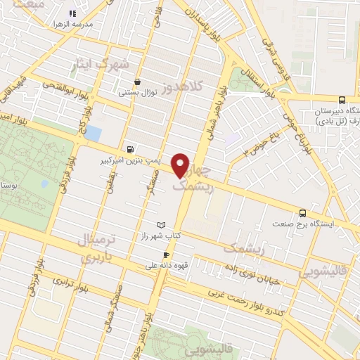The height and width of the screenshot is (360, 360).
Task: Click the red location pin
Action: pos(181,165)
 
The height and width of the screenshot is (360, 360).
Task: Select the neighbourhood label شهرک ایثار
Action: pos(102,65)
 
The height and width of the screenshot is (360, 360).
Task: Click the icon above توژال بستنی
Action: pos(137,82)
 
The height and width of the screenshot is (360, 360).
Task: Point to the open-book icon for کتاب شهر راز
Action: pos(162,224)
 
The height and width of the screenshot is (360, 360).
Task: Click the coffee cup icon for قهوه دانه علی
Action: pos(165,255)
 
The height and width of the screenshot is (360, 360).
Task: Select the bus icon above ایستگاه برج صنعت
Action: pos(303,212)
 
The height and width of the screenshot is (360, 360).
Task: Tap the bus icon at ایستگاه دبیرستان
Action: pos(342,100)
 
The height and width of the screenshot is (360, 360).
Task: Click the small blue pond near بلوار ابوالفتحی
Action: pos(94,133)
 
